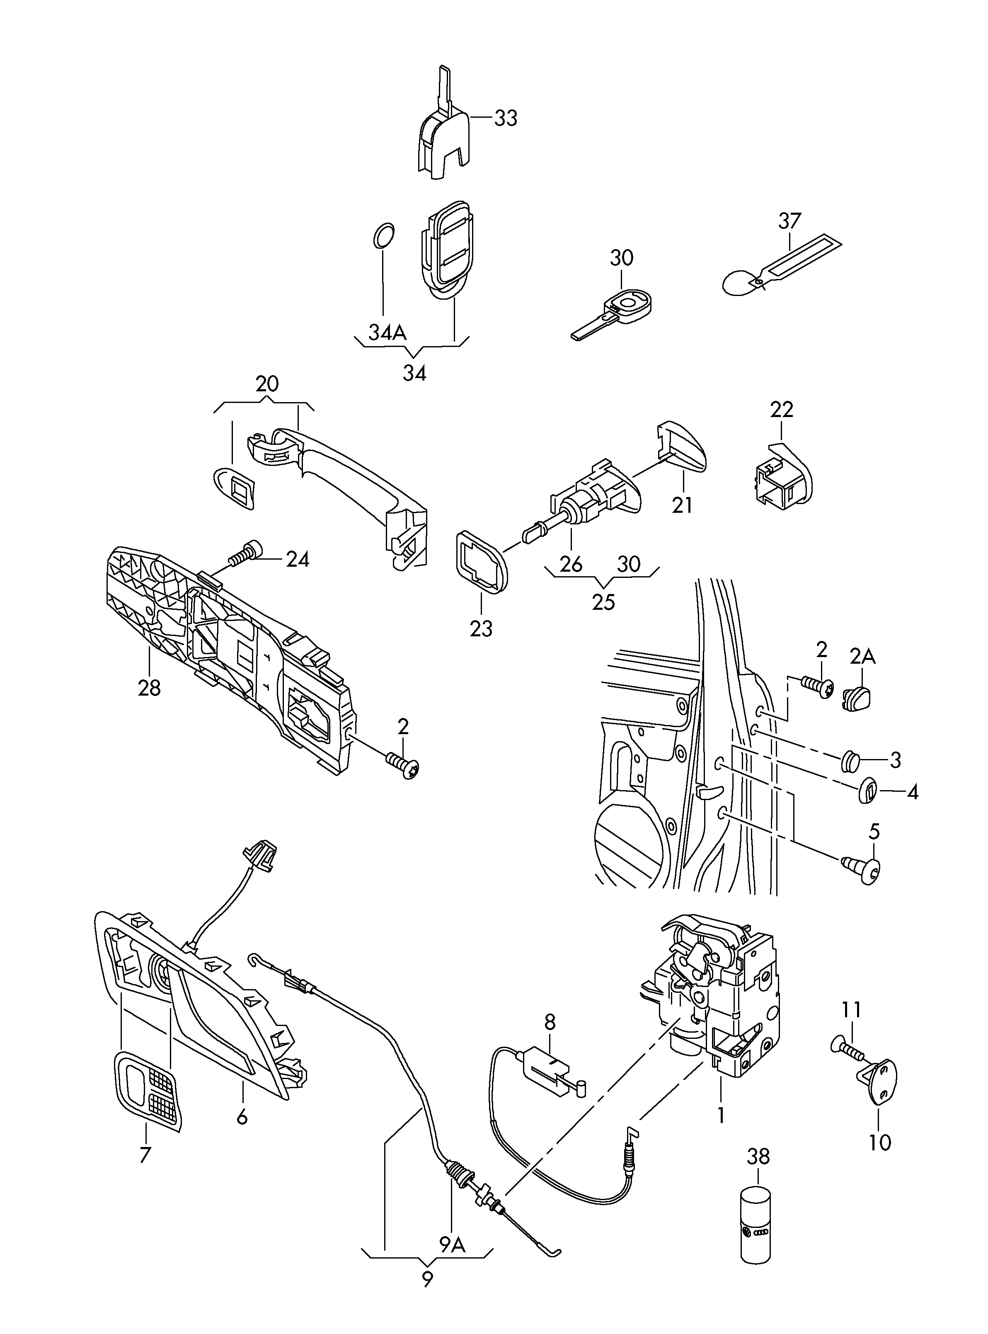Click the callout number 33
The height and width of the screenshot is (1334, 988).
click(x=505, y=119)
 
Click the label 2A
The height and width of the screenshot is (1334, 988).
click(x=862, y=657)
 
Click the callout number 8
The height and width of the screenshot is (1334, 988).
click(x=550, y=1021)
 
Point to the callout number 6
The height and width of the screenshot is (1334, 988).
click(x=242, y=1117)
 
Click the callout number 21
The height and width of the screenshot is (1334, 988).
click(x=682, y=505)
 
